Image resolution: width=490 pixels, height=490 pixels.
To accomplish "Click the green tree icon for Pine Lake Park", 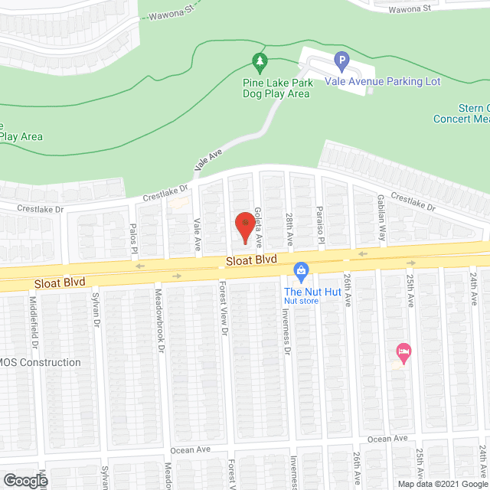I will (x=260, y=60).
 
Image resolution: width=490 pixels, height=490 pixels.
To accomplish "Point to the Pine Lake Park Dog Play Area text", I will (x=277, y=87).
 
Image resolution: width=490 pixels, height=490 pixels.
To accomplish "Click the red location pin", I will (x=245, y=228).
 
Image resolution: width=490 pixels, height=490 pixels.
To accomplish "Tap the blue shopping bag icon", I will (x=302, y=270).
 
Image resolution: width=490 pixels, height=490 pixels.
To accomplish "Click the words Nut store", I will (x=301, y=301).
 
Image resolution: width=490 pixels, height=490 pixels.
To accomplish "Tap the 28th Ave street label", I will (x=289, y=229).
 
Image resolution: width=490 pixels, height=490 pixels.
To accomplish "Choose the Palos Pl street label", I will (x=133, y=236).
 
